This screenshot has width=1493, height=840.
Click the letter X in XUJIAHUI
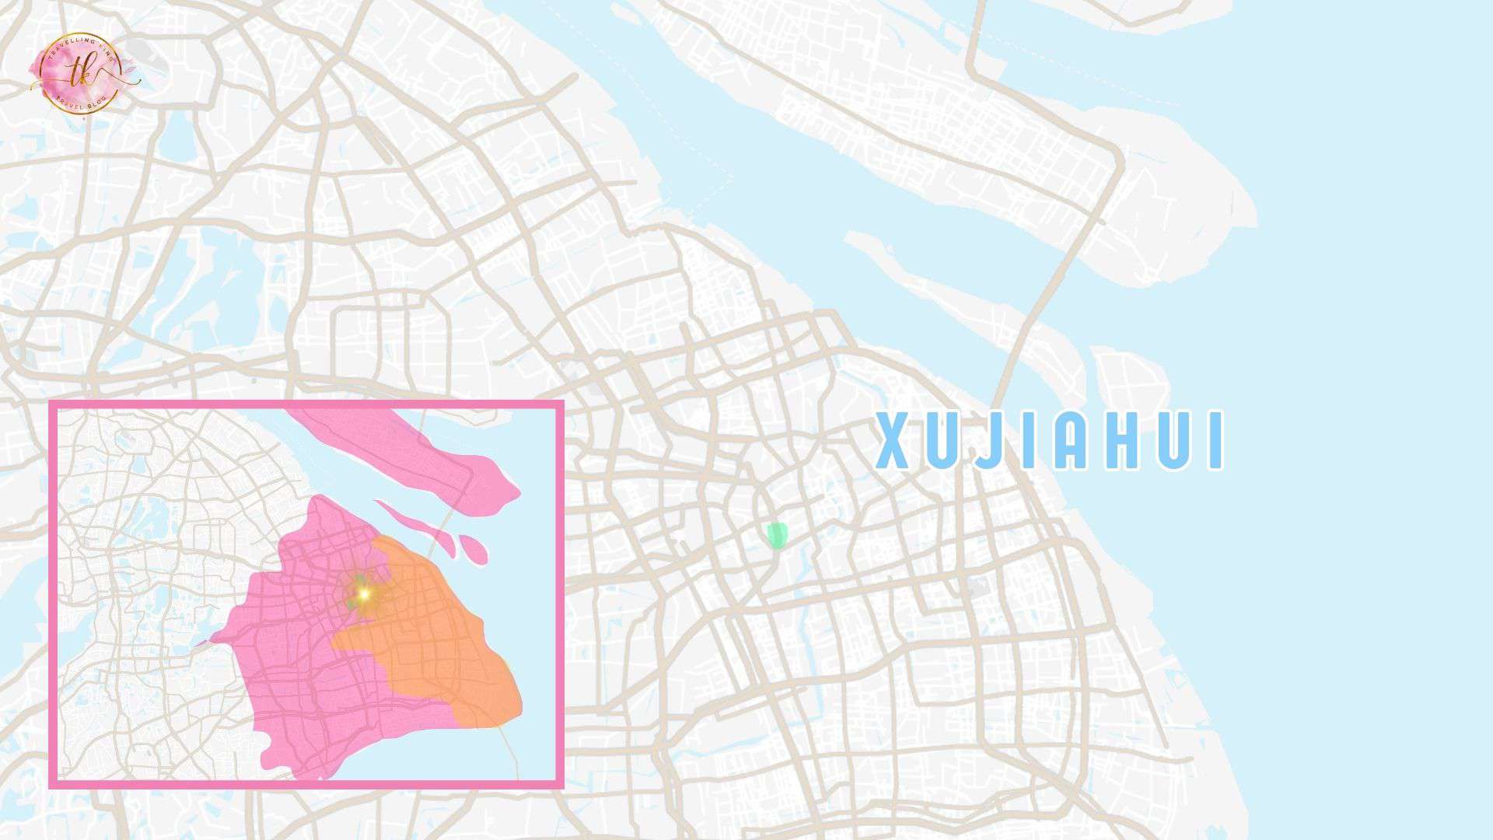(893, 441)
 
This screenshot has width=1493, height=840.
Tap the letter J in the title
(987, 441)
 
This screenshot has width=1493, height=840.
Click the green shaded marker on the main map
(776, 535)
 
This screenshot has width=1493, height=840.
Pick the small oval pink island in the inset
(474, 549)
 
